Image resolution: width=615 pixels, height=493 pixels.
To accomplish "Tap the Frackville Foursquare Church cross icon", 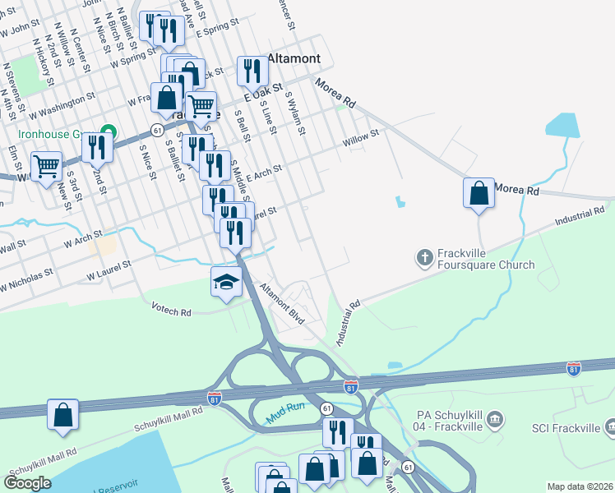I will tap(424, 258).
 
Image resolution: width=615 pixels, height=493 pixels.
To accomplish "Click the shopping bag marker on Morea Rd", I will tap(479, 194).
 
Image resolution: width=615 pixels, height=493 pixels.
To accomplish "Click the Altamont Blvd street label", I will tap(282, 304).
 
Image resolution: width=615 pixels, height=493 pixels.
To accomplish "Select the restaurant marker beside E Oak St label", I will tap(252, 71).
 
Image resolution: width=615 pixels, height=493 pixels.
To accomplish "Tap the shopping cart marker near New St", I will tap(47, 166).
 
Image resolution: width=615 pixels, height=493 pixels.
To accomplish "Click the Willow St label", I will tap(360, 137).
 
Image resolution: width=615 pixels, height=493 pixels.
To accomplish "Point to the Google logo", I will tap(26, 483).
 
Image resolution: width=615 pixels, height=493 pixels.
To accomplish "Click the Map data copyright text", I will tap(580, 486).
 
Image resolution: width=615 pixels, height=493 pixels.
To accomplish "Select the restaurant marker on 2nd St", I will tap(97, 148).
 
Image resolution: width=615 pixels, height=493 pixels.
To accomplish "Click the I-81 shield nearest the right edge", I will tap(573, 369).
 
